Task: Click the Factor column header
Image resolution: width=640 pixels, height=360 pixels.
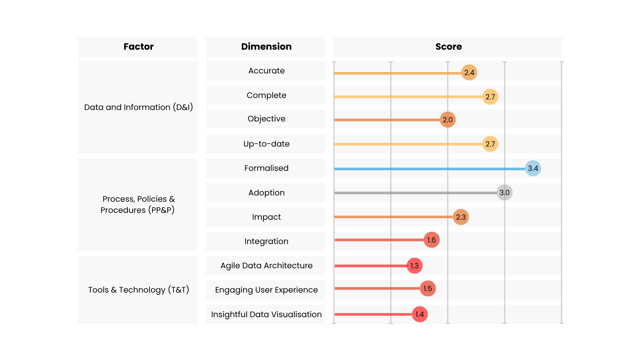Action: pyautogui.click(x=138, y=47)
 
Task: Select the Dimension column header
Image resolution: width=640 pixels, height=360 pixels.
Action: pyautogui.click(x=266, y=47)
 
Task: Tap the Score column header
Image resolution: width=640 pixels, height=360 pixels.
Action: pyautogui.click(x=448, y=47)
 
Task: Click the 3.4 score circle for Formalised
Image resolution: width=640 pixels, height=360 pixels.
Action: pyautogui.click(x=533, y=168)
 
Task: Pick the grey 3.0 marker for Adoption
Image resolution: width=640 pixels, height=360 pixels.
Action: pyautogui.click(x=505, y=193)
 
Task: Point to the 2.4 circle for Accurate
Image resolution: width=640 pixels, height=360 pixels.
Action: pyautogui.click(x=469, y=73)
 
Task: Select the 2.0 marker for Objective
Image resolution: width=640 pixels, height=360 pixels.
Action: pyautogui.click(x=448, y=120)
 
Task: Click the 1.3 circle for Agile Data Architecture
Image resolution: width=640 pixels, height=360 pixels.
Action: pyautogui.click(x=415, y=266)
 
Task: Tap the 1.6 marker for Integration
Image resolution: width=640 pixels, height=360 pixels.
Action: pyautogui.click(x=431, y=240)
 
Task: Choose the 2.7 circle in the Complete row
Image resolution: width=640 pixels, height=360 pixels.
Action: pyautogui.click(x=490, y=97)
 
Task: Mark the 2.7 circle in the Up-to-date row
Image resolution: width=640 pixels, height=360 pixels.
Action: pyautogui.click(x=490, y=144)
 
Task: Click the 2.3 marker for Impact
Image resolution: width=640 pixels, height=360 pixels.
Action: pyautogui.click(x=461, y=217)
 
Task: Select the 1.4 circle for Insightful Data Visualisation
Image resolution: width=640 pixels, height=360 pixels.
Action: pyautogui.click(x=420, y=314)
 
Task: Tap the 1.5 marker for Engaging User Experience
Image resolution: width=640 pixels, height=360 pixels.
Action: pyautogui.click(x=428, y=289)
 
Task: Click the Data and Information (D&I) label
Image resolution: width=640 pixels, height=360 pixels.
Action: pyautogui.click(x=138, y=107)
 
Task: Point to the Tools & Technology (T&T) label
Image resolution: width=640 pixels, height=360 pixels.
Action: pyautogui.click(x=138, y=290)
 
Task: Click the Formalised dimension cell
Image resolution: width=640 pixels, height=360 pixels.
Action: pyautogui.click(x=266, y=168)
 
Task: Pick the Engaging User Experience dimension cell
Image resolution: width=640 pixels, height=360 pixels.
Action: pyautogui.click(x=266, y=290)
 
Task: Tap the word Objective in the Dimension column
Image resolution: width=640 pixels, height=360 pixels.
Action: pyautogui.click(x=266, y=119)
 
